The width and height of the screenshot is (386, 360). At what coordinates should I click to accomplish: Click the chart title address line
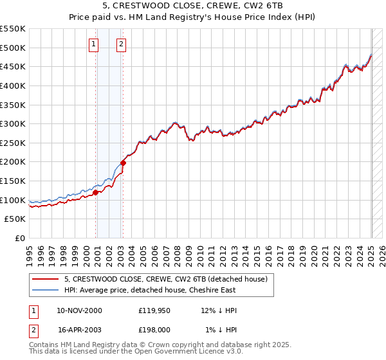tap(193, 5)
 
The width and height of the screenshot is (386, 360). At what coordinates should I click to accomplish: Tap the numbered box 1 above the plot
tap(94, 44)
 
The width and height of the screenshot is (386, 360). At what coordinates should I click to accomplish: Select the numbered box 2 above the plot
tap(121, 44)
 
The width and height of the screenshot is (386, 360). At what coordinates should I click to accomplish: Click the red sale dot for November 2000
tap(95, 192)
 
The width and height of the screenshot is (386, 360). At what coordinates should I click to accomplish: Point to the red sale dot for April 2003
tap(123, 163)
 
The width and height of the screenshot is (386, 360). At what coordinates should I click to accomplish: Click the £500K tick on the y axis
tap(13, 48)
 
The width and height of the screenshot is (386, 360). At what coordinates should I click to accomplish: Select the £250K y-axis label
tap(13, 143)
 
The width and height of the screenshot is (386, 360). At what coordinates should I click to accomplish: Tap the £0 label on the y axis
tap(19, 239)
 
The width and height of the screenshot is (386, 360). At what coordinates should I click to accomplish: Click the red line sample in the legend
tap(46, 279)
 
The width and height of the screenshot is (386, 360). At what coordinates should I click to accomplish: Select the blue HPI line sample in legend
tap(46, 290)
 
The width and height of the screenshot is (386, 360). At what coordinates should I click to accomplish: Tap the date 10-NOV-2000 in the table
tap(79, 310)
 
